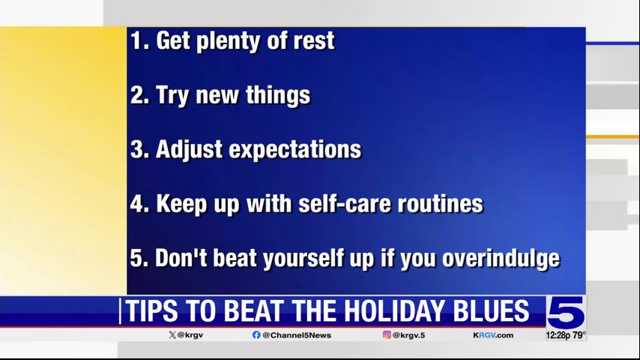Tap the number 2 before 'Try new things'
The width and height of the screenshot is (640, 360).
(136, 95)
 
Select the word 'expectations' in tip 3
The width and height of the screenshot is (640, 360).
(295, 150)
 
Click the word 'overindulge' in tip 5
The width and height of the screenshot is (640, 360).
(501, 259)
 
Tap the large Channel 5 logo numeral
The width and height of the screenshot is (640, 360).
(566, 312)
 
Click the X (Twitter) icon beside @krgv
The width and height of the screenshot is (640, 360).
(172, 335)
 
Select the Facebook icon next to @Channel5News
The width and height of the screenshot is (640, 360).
(256, 335)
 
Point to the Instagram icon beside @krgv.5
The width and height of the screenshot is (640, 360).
(387, 334)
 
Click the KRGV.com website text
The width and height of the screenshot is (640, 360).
(493, 335)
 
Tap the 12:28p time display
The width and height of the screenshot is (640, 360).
(558, 335)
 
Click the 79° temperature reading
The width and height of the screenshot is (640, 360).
(579, 335)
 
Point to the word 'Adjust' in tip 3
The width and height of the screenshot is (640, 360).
(189, 150)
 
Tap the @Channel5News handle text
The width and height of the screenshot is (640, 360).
(297, 335)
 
